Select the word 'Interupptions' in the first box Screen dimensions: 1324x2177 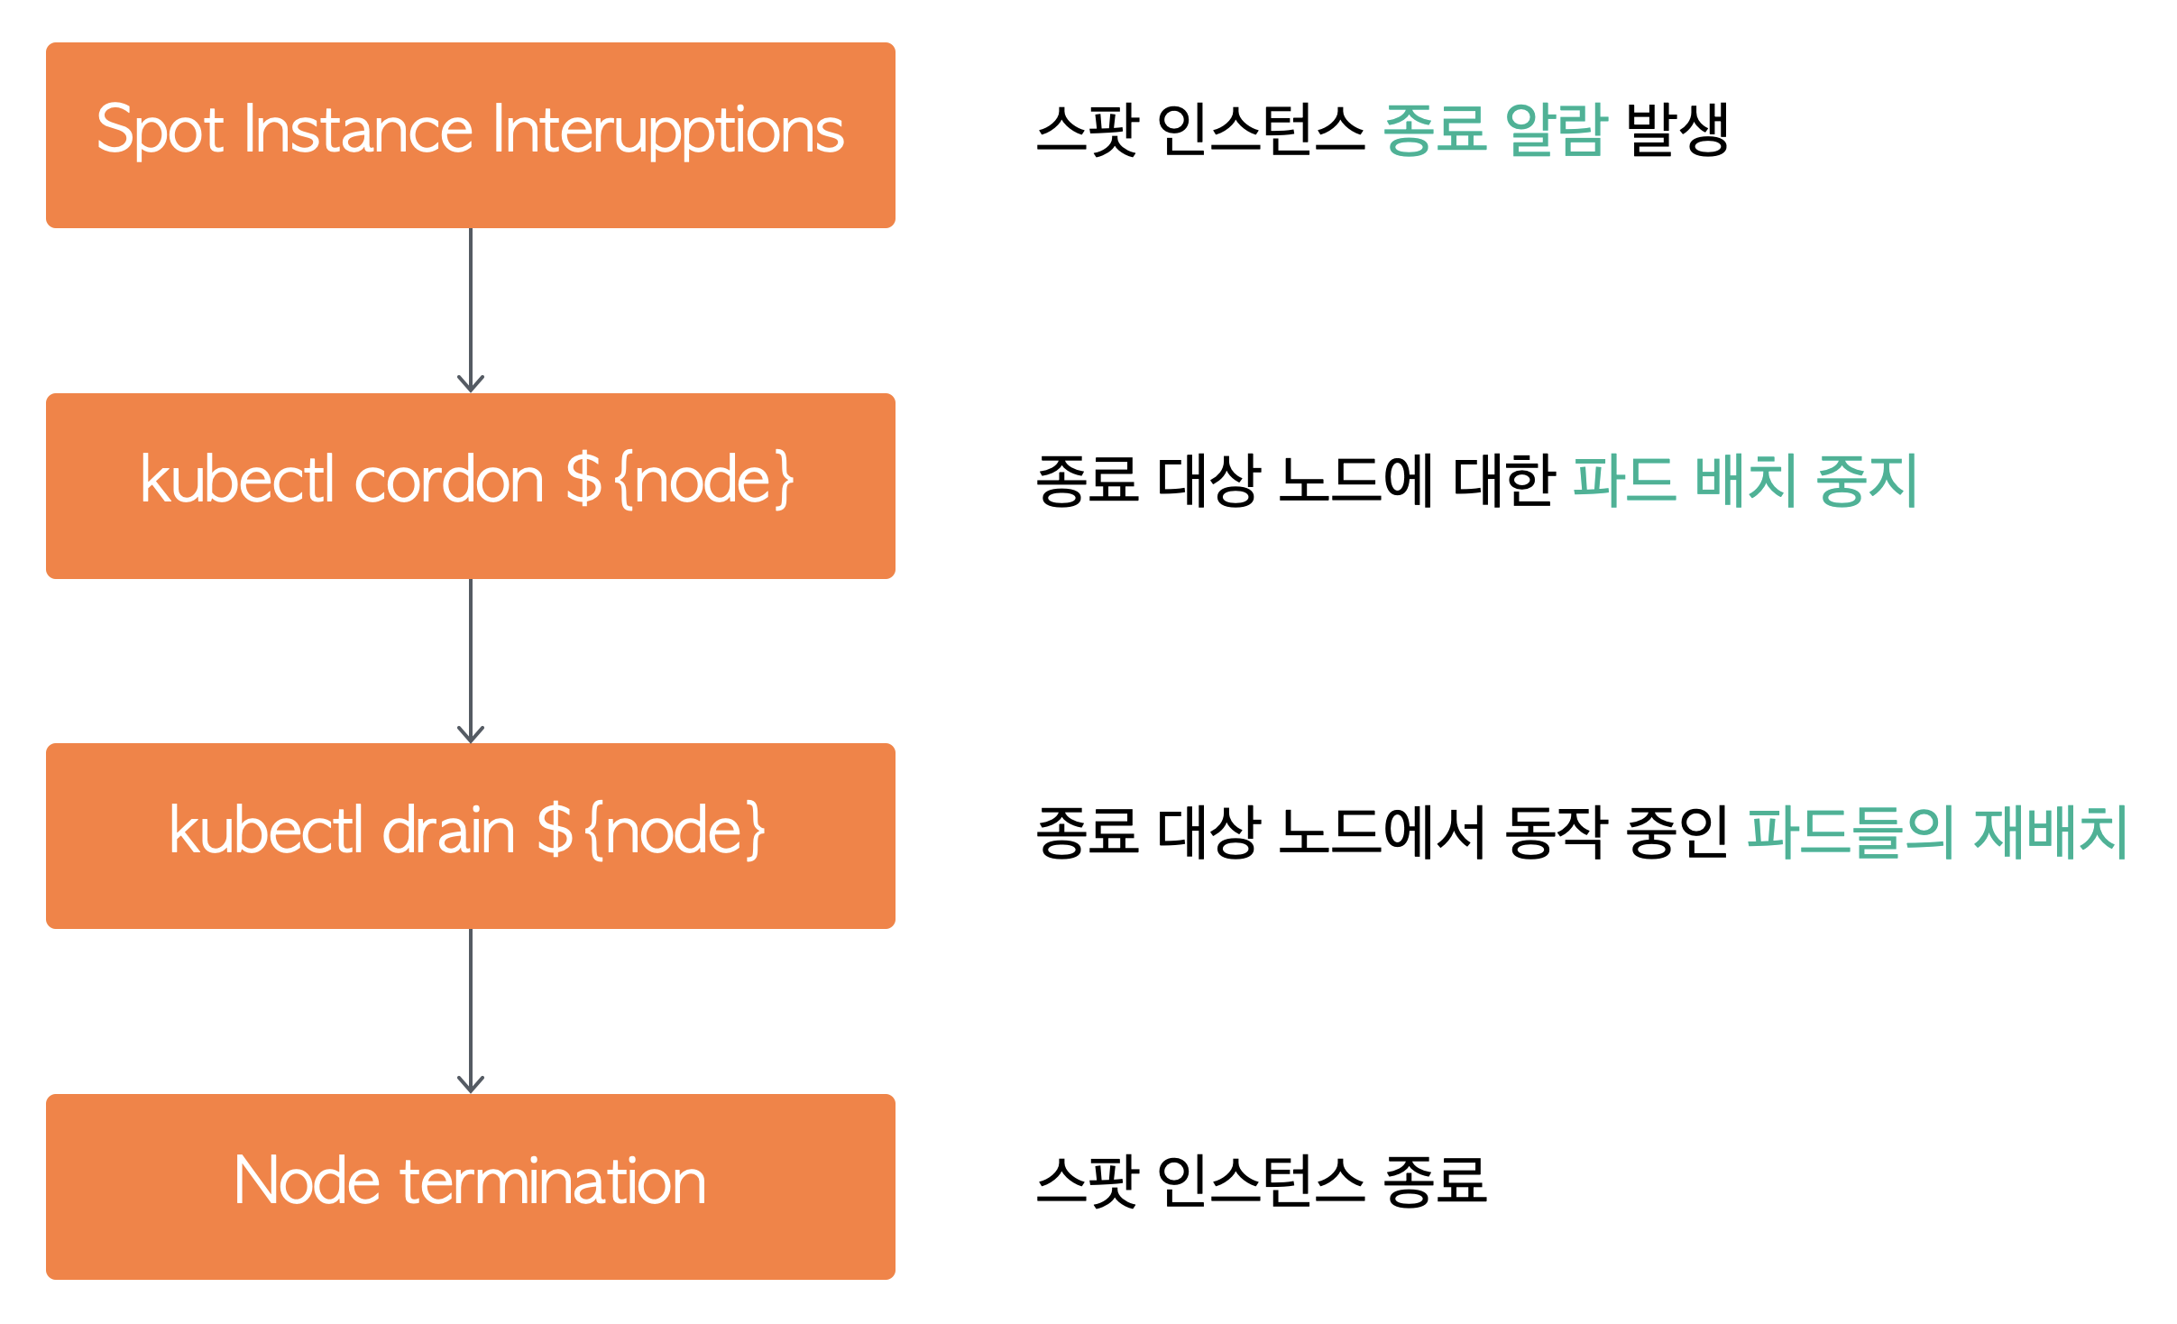click(x=668, y=131)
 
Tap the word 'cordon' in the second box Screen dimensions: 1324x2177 click(x=449, y=480)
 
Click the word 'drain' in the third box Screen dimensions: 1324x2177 click(x=448, y=831)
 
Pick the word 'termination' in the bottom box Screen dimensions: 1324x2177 click(x=553, y=1181)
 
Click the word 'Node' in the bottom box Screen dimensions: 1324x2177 click(x=307, y=1181)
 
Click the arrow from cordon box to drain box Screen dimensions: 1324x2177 click(x=471, y=660)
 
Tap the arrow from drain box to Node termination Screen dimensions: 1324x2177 click(x=471, y=1010)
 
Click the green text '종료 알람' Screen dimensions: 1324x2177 click(x=1494, y=130)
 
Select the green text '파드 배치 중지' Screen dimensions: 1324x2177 click(x=1745, y=480)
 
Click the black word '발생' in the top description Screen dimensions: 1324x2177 click(x=1677, y=130)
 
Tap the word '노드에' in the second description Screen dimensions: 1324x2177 click(x=1355, y=480)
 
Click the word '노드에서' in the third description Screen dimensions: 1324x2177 click(x=1382, y=831)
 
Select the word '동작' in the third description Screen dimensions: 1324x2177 click(x=1555, y=831)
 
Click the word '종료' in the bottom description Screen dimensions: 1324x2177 click(x=1435, y=1181)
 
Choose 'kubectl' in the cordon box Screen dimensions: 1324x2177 click(x=237, y=480)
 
